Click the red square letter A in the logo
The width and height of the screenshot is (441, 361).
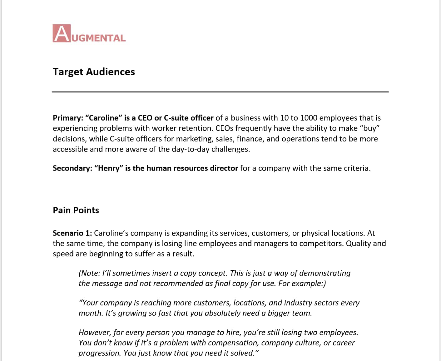(x=62, y=33)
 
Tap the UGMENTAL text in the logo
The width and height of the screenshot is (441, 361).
(x=99, y=38)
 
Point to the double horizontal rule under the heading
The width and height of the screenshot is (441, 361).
(x=220, y=92)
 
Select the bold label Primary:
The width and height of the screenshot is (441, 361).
(x=68, y=118)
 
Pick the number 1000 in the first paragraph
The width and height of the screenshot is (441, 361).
(x=309, y=118)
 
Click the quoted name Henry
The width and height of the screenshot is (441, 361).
(x=109, y=168)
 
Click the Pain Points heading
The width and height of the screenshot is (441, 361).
(x=76, y=210)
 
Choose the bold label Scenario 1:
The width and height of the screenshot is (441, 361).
(x=72, y=233)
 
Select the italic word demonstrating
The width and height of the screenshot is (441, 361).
(x=325, y=273)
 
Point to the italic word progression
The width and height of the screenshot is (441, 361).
(x=99, y=353)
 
